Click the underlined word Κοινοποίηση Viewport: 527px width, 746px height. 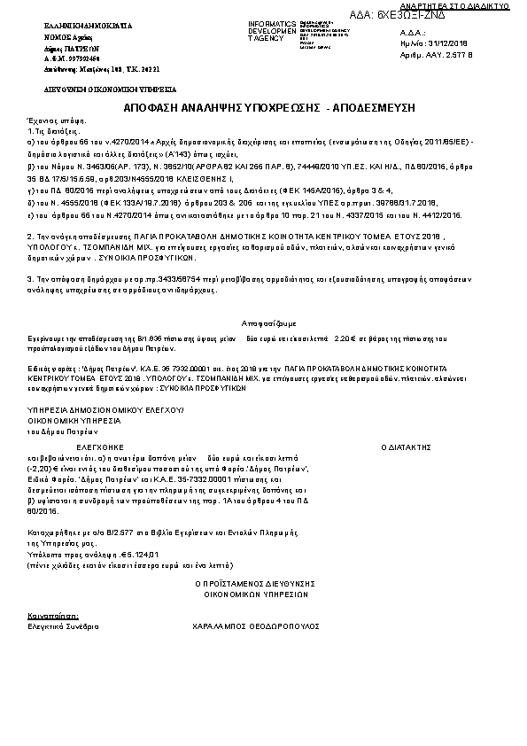[52, 614]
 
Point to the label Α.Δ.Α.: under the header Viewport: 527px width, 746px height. [413, 31]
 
